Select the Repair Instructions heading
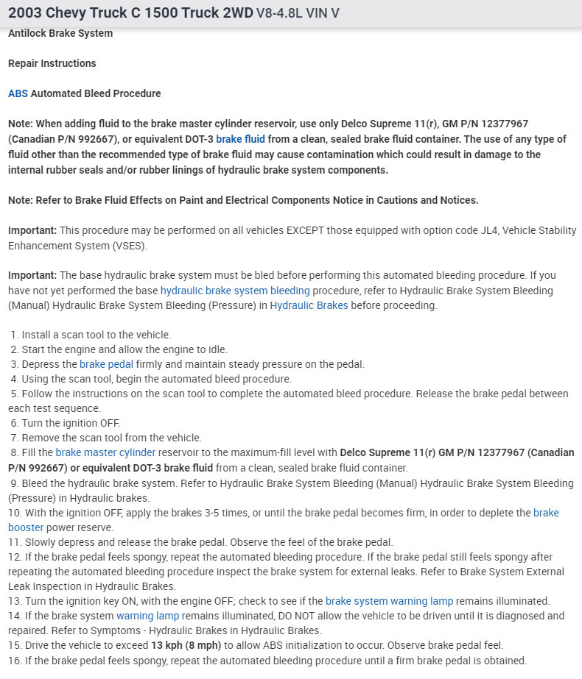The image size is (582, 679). click(52, 63)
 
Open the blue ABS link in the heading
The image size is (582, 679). click(18, 93)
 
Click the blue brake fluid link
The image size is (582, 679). click(240, 139)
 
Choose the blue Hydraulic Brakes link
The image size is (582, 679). click(309, 305)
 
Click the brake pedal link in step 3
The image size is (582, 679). click(104, 364)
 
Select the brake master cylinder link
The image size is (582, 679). click(105, 452)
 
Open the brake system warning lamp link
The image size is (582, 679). click(389, 601)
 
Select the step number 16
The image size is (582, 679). click(13, 660)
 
